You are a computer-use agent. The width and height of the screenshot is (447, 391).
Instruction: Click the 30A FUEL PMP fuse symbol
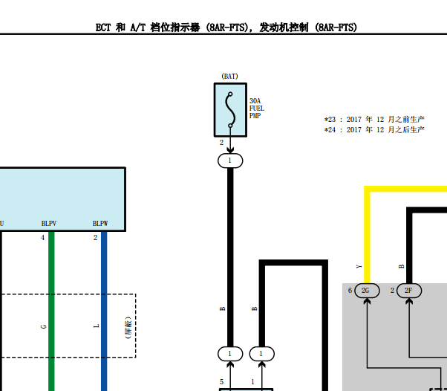(230, 110)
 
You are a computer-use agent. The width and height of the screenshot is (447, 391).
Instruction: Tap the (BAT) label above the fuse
(229, 77)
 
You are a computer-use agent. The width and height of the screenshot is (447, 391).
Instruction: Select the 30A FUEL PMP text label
(257, 109)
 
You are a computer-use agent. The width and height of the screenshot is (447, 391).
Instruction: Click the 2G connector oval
(367, 291)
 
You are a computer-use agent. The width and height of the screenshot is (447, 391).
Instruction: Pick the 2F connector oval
(409, 291)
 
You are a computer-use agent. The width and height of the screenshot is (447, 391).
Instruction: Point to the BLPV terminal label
(49, 224)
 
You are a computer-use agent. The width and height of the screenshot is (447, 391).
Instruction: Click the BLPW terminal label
(100, 224)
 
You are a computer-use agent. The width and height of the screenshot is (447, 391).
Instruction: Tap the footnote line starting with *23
(374, 119)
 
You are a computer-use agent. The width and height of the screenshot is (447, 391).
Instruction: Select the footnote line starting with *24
(374, 130)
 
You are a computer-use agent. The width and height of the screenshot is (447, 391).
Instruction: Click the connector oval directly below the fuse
(230, 161)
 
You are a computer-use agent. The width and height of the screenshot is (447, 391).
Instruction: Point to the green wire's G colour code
(44, 326)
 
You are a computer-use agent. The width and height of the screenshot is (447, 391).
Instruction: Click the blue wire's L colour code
(97, 326)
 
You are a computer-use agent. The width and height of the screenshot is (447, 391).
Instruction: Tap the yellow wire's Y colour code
(359, 267)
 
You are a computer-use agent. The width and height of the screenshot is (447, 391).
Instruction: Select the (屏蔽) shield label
(128, 327)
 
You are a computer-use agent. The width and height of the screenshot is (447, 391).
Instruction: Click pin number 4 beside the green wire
(43, 238)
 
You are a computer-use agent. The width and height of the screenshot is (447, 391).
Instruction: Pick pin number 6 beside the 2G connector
(350, 291)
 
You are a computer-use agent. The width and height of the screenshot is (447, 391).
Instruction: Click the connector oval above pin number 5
(230, 354)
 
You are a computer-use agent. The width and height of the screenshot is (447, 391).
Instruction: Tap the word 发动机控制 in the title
(284, 28)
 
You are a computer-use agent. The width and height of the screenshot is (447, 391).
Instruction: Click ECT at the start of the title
(103, 28)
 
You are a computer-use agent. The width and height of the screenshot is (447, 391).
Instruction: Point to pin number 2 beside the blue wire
(95, 238)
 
